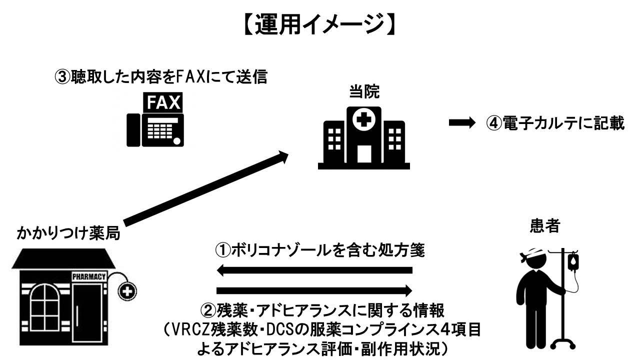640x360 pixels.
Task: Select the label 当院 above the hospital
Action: pyautogui.click(x=363, y=92)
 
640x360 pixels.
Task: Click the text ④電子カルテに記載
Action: pyautogui.click(x=555, y=123)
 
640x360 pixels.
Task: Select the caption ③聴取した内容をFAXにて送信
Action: pyautogui.click(x=160, y=77)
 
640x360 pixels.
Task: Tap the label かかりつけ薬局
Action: pyautogui.click(x=68, y=233)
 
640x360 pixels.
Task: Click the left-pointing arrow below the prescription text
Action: pyautogui.click(x=314, y=270)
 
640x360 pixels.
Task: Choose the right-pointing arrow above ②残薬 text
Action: pyautogui.click(x=314, y=290)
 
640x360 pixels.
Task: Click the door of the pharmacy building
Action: pyautogui.click(x=90, y=314)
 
